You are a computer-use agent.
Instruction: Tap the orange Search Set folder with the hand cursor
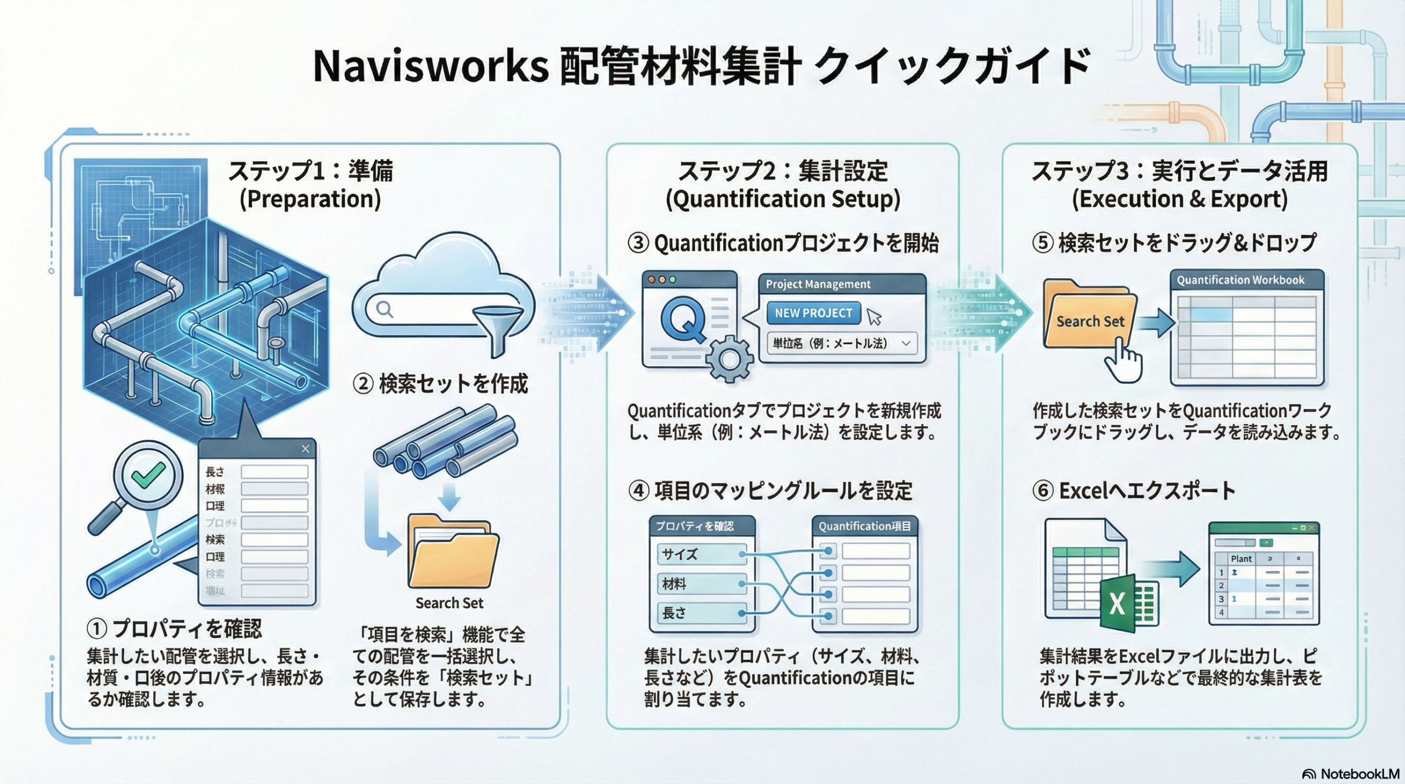1089,318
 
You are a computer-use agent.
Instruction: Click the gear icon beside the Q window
729,360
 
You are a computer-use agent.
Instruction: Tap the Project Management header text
818,284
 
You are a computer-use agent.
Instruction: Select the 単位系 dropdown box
841,343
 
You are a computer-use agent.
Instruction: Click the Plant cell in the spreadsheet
1241,559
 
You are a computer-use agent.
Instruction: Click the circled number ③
638,243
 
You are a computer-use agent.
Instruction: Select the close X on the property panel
305,449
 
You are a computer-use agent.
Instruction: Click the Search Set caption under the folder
449,603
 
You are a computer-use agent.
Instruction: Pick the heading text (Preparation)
310,199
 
